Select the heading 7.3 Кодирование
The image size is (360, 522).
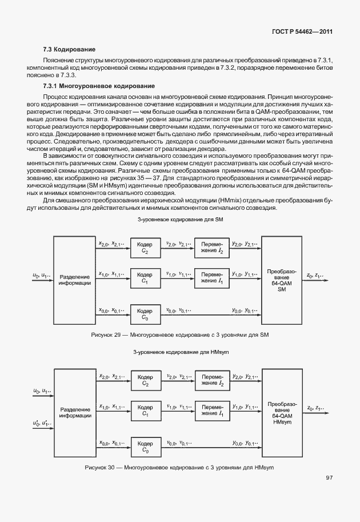click(x=69, y=50)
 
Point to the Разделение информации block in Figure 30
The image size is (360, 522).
click(x=74, y=413)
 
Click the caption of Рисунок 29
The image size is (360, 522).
click(x=179, y=334)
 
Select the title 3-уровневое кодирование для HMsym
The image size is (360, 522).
click(x=179, y=352)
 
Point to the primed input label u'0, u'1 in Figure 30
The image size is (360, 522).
click(x=42, y=424)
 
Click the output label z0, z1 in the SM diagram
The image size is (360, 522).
click(x=315, y=275)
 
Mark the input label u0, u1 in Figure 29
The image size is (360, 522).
click(x=42, y=275)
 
